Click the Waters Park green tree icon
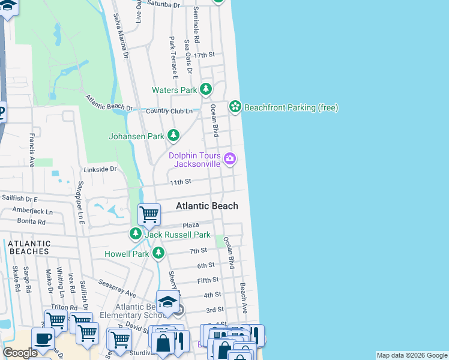[206, 90]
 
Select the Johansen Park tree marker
[173, 136]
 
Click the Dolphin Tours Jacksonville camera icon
[229, 159]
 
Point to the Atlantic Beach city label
[206, 206]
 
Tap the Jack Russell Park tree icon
[136, 233]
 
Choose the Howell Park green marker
[158, 254]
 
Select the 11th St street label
[180, 181]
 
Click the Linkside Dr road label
[100, 169]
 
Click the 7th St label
[198, 251]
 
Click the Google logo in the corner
[20, 353]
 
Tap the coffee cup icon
[42, 339]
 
